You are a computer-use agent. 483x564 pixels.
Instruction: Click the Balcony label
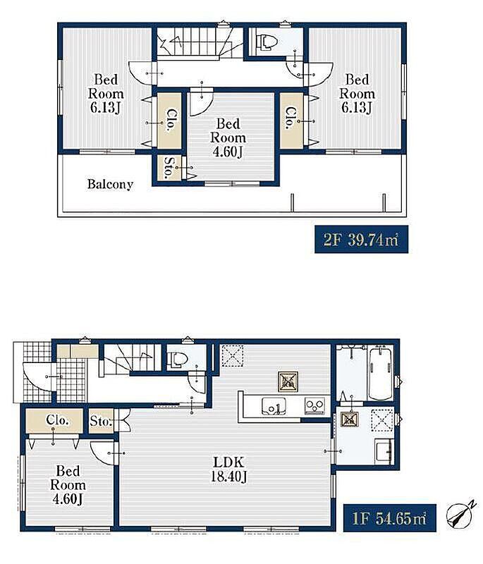pos(110,184)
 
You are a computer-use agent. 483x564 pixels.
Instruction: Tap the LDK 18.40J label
pos(228,470)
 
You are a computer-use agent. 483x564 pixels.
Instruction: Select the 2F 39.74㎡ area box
pos(361,239)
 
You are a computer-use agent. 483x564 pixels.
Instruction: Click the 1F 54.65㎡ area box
pos(389,518)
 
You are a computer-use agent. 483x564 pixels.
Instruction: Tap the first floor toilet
pos(178,359)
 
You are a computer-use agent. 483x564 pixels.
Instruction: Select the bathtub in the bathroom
pos(380,373)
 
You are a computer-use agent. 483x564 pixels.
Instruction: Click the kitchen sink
pos(274,406)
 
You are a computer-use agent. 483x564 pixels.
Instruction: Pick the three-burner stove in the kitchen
pos(314,406)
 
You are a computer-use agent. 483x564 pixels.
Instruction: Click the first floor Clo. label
pos(57,419)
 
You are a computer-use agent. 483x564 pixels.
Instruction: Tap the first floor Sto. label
pos(100,421)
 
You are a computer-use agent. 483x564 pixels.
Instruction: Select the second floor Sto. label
pos(168,168)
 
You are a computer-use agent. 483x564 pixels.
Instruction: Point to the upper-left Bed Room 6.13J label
pos(106,94)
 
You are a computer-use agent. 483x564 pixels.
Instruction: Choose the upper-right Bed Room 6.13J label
pos(357,94)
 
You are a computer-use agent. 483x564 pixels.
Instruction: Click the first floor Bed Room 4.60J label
pos(68,485)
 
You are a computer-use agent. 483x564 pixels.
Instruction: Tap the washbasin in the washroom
pos(384,451)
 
